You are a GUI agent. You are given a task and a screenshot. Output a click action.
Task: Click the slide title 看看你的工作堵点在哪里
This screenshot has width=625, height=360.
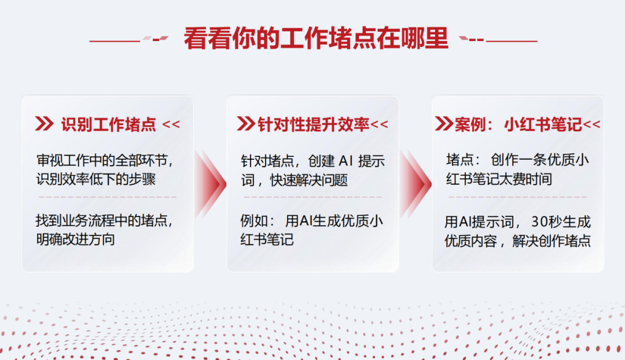click(316, 38)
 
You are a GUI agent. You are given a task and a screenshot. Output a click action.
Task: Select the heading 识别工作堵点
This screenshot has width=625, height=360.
click(108, 125)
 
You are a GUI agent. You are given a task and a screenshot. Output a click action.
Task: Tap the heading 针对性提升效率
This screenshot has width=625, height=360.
click(313, 125)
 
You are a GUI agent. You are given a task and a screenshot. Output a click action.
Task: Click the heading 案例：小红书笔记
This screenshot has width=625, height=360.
click(518, 125)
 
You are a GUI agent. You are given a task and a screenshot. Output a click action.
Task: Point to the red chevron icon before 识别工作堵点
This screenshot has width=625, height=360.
click(44, 124)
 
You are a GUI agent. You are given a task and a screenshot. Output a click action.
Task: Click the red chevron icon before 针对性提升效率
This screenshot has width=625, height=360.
click(246, 124)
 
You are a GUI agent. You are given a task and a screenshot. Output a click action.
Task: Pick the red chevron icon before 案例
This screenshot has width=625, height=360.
click(444, 124)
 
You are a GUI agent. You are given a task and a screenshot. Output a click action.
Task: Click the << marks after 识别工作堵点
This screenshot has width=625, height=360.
click(171, 124)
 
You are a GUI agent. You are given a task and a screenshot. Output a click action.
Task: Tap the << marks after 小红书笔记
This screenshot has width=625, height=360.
click(591, 124)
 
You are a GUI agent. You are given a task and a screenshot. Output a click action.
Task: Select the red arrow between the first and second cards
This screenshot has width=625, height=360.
click(211, 184)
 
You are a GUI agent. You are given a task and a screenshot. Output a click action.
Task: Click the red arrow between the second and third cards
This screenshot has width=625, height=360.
click(416, 184)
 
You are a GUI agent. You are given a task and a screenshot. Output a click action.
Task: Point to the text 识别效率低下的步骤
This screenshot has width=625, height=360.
click(95, 179)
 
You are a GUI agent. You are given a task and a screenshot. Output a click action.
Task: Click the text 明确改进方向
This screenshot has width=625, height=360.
click(75, 239)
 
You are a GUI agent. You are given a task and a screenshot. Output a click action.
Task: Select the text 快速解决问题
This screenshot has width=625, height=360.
click(309, 180)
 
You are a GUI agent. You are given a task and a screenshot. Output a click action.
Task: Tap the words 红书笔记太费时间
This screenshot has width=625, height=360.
click(499, 179)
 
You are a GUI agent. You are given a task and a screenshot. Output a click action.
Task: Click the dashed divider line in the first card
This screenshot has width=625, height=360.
click(108, 197)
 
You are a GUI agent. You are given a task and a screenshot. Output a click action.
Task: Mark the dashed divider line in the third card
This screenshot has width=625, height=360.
click(517, 197)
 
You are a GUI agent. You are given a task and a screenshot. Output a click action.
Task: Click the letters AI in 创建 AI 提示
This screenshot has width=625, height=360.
click(345, 161)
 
